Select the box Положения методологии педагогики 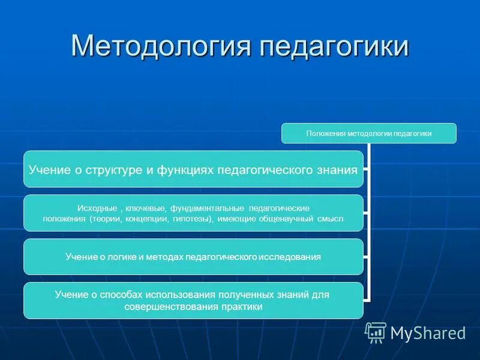tap(369, 133)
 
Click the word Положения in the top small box tap(326, 133)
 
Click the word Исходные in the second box tap(97, 208)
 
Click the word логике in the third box tap(122, 257)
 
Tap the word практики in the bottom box tap(243, 307)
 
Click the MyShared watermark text tap(428, 333)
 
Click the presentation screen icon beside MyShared tap(376, 332)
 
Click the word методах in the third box tap(164, 257)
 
